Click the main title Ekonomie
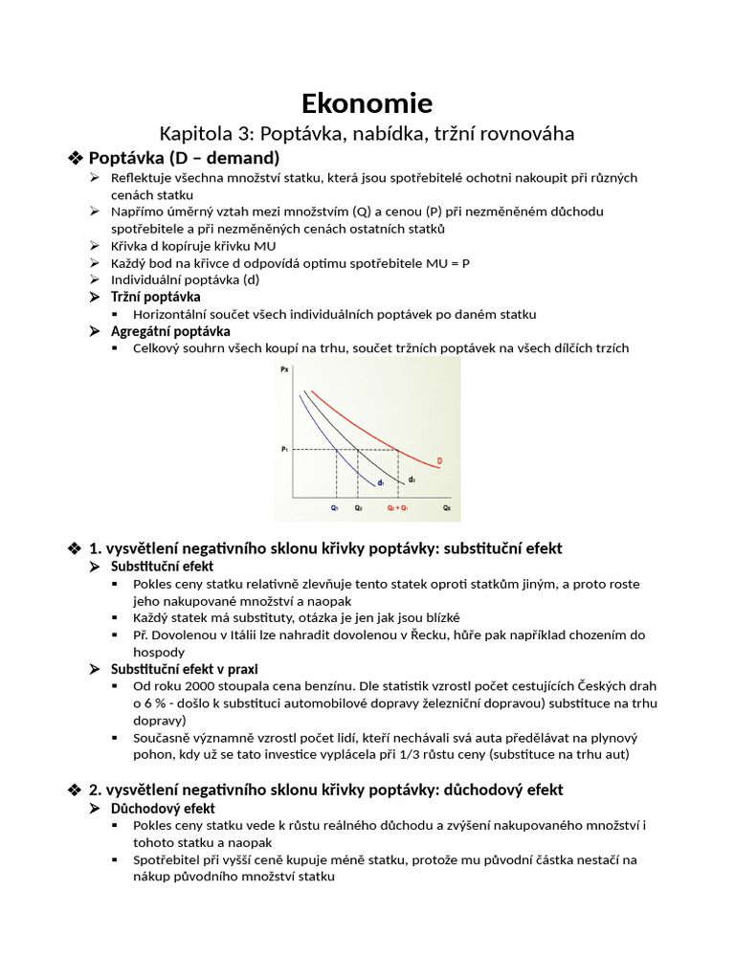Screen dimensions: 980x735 point(367,102)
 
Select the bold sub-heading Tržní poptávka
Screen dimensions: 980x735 point(156,297)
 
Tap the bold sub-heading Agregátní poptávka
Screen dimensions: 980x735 point(170,331)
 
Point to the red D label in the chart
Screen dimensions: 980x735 point(439,461)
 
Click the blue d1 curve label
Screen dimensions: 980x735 point(380,483)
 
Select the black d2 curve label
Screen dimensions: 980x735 point(412,479)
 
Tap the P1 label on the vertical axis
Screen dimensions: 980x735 point(284,449)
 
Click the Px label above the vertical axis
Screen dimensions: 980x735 point(284,368)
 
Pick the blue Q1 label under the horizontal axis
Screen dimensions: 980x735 point(335,508)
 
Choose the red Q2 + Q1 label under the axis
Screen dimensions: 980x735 point(397,508)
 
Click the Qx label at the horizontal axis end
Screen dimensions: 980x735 point(446,508)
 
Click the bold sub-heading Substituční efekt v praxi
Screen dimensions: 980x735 point(185,669)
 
